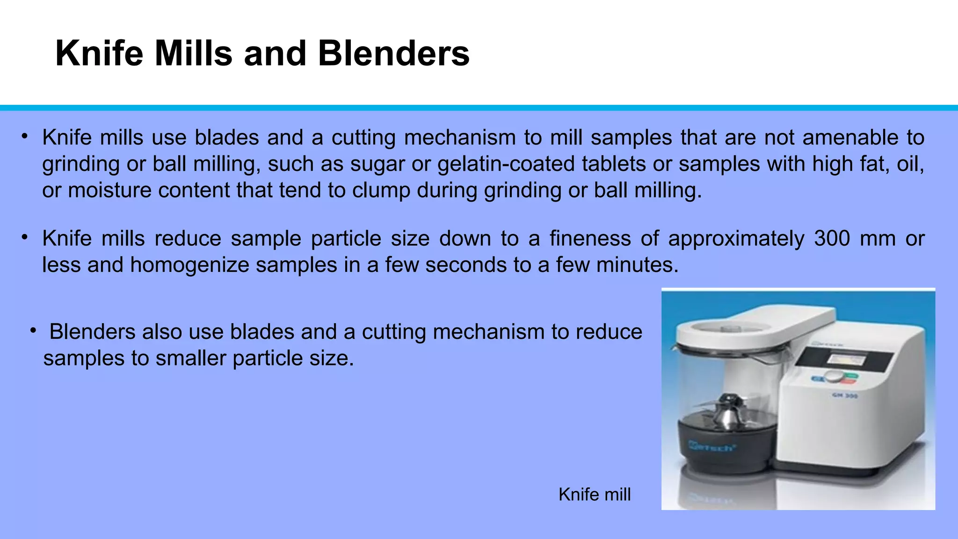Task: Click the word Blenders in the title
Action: click(x=393, y=53)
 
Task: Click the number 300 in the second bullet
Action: click(x=832, y=239)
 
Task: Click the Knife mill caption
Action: click(x=594, y=495)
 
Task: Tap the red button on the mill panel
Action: click(x=848, y=382)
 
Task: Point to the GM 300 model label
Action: click(x=844, y=396)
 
